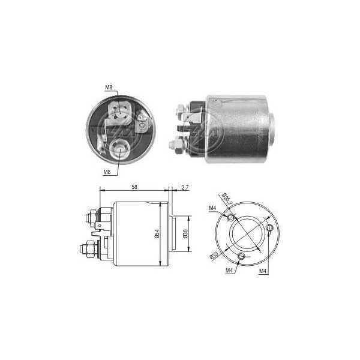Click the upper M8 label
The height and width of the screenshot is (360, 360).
[109, 88]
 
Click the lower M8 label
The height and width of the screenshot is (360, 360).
[107, 172]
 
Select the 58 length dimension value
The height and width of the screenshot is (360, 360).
[134, 187]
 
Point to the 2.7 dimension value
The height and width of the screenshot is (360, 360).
[185, 187]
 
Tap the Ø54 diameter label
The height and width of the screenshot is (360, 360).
[157, 233]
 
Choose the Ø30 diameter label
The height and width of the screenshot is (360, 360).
[185, 233]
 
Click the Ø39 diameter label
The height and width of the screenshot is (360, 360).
[214, 256]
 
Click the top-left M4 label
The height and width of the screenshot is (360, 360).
[212, 208]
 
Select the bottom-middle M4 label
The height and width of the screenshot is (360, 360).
[229, 271]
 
